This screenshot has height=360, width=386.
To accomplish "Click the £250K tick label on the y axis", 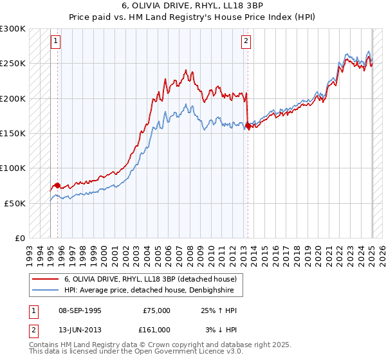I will click(x=13, y=64).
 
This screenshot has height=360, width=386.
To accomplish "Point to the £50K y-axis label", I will click(x=15, y=203).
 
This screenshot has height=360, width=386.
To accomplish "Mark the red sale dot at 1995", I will click(x=57, y=185).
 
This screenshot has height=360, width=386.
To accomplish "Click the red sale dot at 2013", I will click(x=248, y=126).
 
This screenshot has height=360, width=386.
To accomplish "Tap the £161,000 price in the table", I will click(x=156, y=330).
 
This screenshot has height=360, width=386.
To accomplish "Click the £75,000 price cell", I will click(x=156, y=310).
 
